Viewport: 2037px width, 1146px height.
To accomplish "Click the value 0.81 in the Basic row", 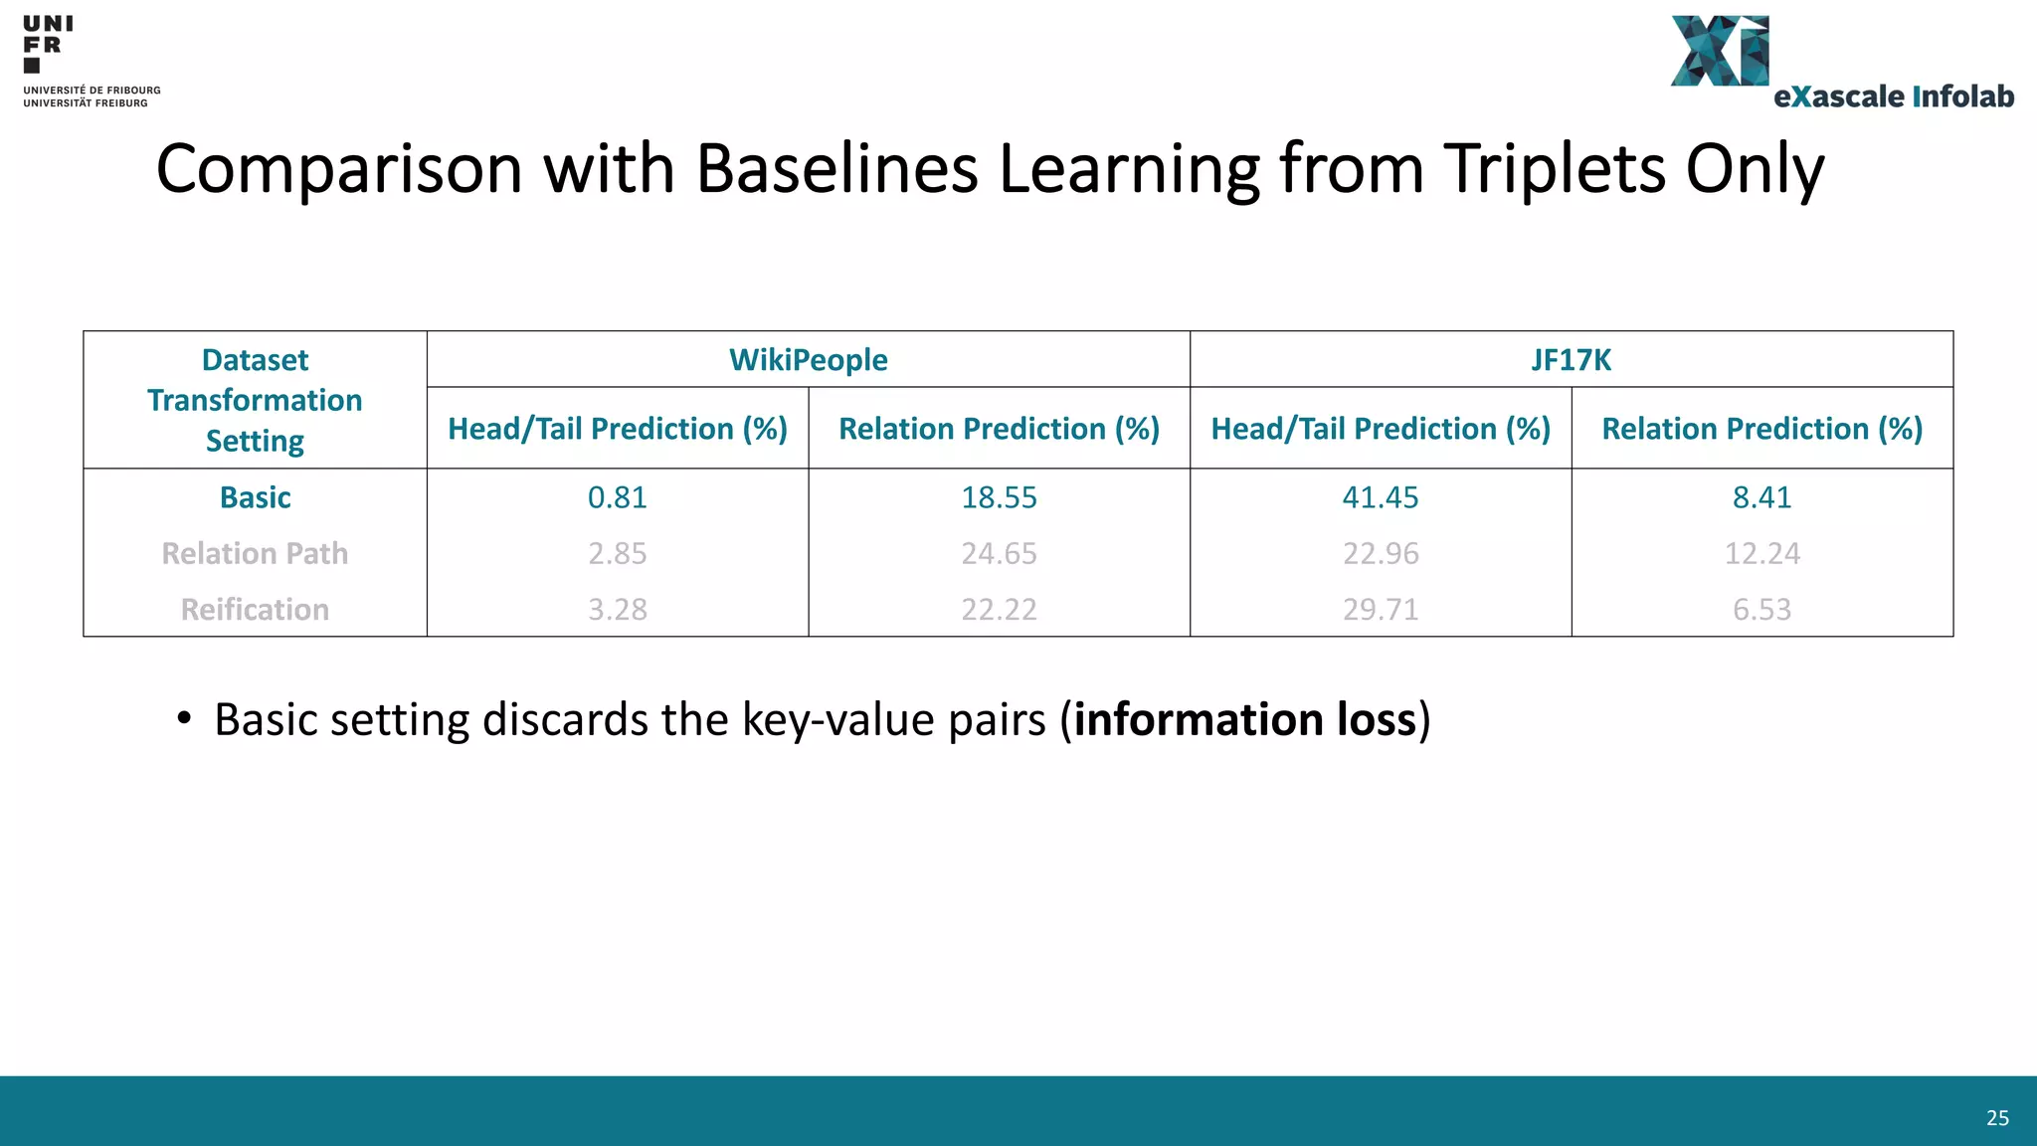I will [617, 497].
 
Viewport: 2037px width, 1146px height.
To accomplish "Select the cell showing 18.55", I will [999, 497].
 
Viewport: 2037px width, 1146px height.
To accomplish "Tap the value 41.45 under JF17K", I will [1381, 497].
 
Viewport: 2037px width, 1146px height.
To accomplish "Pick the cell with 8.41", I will [1761, 497].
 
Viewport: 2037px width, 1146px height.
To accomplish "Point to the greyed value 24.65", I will [999, 553].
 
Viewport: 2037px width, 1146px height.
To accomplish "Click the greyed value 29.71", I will [1381, 609].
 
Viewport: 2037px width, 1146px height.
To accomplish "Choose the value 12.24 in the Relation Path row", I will [1761, 553].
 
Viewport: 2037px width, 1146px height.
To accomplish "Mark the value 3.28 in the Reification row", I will [617, 609].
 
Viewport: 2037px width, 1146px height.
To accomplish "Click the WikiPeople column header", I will [808, 359].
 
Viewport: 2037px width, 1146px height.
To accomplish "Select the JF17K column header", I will [1571, 359].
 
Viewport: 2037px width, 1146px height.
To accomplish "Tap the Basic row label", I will [255, 497].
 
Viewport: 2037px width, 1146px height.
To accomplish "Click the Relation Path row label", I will [255, 553].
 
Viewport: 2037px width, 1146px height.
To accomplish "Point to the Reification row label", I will [255, 609].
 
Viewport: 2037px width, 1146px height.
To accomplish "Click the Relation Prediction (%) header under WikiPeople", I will [999, 429].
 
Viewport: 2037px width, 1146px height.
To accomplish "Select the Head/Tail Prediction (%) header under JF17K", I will [1381, 429].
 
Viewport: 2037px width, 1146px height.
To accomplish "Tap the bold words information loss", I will [1244, 719].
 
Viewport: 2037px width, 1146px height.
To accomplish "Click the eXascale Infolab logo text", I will [1893, 96].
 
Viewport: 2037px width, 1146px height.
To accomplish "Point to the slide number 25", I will [1997, 1118].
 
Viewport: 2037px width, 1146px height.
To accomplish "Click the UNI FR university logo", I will [47, 44].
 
